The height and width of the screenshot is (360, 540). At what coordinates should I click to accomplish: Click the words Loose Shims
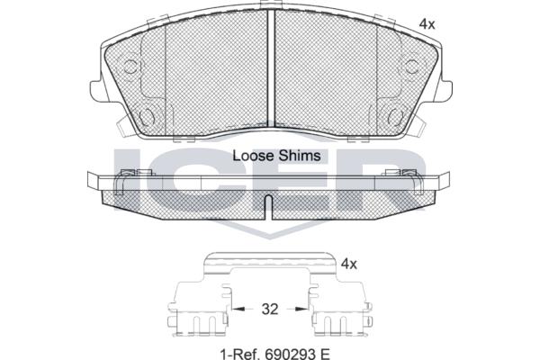click(276, 156)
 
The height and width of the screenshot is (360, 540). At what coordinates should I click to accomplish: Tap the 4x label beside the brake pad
click(427, 24)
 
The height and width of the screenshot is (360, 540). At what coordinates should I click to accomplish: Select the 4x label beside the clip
click(349, 265)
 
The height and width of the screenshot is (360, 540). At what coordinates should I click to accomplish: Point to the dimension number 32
click(270, 309)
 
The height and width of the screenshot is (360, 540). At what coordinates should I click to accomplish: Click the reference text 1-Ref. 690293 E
click(274, 354)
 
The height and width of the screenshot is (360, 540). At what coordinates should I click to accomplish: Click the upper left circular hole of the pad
click(130, 67)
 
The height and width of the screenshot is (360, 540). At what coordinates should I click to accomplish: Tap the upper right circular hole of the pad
click(411, 67)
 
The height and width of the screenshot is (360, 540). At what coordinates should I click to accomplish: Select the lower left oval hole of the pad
click(146, 116)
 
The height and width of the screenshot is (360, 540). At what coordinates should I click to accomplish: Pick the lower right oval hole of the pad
click(395, 116)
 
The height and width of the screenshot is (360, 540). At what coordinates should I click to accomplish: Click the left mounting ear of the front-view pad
click(96, 91)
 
